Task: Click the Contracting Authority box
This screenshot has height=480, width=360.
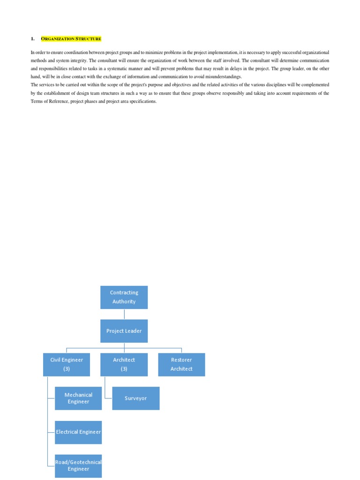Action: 124,297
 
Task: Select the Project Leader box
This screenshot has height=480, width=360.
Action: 124,331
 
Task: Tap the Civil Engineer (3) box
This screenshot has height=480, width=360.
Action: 67,364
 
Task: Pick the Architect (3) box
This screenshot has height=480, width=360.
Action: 124,364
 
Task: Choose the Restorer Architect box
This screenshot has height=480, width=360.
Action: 181,364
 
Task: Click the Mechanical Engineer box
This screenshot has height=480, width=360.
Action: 78,398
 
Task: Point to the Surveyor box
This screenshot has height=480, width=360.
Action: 135,398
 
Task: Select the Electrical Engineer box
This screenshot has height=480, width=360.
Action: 78,432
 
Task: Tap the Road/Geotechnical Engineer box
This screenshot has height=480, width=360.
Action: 78,465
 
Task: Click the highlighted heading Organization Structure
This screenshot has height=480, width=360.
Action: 71,38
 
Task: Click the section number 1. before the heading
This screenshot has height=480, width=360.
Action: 33,38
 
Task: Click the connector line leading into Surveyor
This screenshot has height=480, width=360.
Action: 107,394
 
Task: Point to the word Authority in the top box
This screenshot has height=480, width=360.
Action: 124,302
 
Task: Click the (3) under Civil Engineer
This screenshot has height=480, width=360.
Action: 67,369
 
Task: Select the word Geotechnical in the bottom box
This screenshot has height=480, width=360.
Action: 90,462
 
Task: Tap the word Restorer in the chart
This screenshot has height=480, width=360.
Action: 181,360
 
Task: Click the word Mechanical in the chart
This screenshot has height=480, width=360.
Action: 78,395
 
